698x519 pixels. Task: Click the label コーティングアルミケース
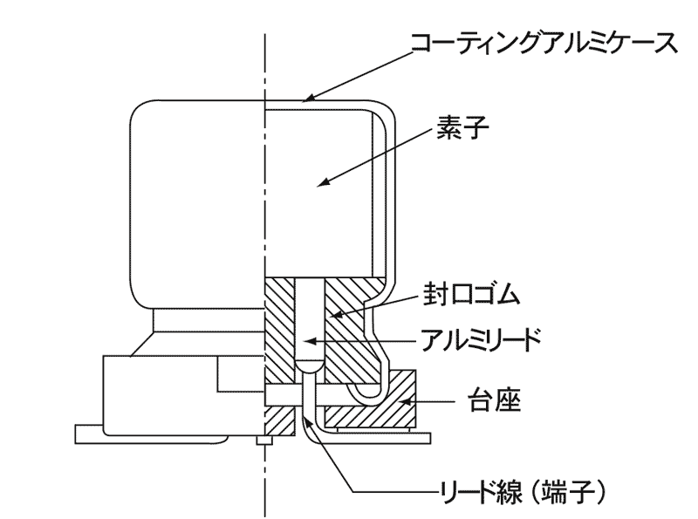(x=543, y=41)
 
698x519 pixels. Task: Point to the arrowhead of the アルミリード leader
(x=306, y=339)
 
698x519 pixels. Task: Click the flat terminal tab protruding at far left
(x=88, y=432)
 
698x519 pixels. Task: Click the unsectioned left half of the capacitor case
(x=196, y=201)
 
